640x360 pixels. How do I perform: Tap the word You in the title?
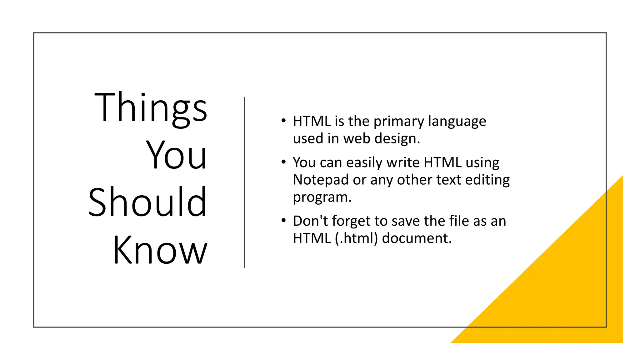pyautogui.click(x=176, y=155)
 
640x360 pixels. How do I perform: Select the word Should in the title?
pyautogui.click(x=147, y=202)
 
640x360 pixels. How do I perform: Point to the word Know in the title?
pyautogui.click(x=160, y=250)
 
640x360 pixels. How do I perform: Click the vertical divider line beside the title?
pyautogui.click(x=244, y=182)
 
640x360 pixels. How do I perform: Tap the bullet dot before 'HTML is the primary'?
pyautogui.click(x=283, y=121)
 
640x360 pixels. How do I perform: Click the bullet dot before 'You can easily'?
pyautogui.click(x=283, y=162)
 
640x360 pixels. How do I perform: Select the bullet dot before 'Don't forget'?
pyautogui.click(x=283, y=221)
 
